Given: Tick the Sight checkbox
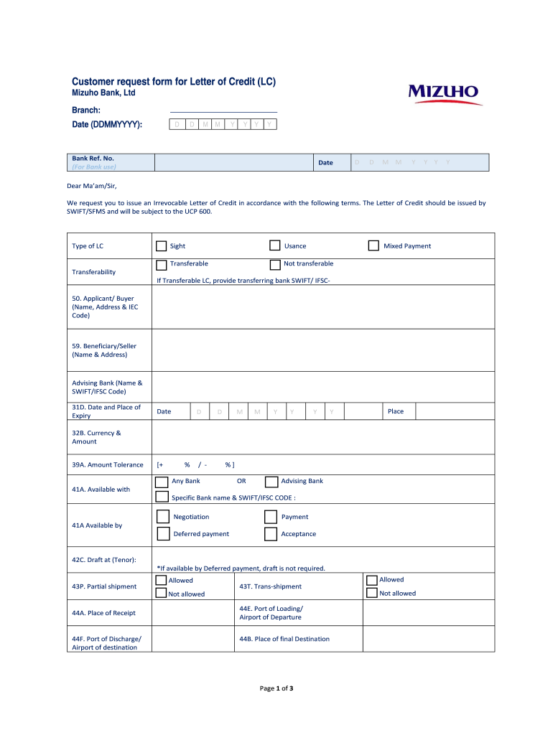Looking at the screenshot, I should pyautogui.click(x=162, y=246).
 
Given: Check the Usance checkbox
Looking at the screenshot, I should pyautogui.click(x=275, y=246).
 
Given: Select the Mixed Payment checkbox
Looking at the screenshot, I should pyautogui.click(x=373, y=246).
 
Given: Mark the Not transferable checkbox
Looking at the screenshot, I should pyautogui.click(x=275, y=265).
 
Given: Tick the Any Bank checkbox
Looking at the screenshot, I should pyautogui.click(x=162, y=482).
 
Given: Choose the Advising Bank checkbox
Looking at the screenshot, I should pyautogui.click(x=271, y=482).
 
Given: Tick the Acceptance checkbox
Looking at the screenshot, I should pyautogui.click(x=270, y=534).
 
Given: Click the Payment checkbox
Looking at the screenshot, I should pyautogui.click(x=270, y=517).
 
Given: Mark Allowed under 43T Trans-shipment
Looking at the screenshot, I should pyautogui.click(x=372, y=580).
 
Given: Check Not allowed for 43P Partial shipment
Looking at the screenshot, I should pyautogui.click(x=162, y=594).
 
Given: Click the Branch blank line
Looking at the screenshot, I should pyautogui.click(x=223, y=111).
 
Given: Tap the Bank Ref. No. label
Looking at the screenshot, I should pyautogui.click(x=93, y=159).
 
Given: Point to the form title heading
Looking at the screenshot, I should pyautogui.click(x=174, y=82).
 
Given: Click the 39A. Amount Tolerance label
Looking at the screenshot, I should pyautogui.click(x=107, y=465).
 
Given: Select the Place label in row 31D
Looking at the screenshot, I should pyautogui.click(x=396, y=411).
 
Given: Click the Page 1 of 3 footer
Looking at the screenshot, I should pyautogui.click(x=276, y=688).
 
